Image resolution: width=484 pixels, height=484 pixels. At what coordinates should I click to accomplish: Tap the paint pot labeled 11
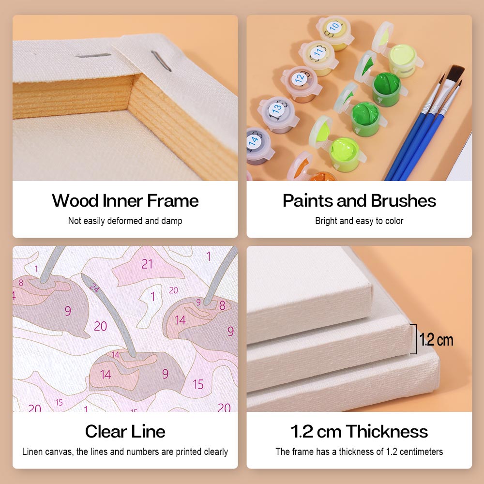pos(318,58)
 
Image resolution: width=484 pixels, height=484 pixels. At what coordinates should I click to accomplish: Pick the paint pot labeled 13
pos(278,115)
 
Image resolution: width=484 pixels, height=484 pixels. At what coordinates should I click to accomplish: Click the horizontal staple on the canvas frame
pos(93,56)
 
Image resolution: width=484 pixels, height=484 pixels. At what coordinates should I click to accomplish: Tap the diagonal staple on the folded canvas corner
pos(161,61)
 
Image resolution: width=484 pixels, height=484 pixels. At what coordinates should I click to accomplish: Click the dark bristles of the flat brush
pos(455,75)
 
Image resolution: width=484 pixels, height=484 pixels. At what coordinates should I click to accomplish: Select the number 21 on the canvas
pos(147,264)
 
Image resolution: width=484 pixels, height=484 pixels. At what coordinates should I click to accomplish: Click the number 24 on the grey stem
pos(94,288)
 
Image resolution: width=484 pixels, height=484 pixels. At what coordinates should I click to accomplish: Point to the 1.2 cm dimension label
pos(436,340)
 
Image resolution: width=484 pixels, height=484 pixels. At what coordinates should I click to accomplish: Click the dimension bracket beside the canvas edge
pos(415,339)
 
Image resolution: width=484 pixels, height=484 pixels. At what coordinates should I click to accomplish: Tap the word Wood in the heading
pos(75,201)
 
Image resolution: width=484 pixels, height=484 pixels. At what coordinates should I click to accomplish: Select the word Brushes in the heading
pos(404,201)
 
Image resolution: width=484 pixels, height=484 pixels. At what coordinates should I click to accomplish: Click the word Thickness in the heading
pos(387,431)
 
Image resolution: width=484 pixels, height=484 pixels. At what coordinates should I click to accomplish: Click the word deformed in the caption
pos(125,221)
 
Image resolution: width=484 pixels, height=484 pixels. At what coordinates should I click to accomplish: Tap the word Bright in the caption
pos(326,221)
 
